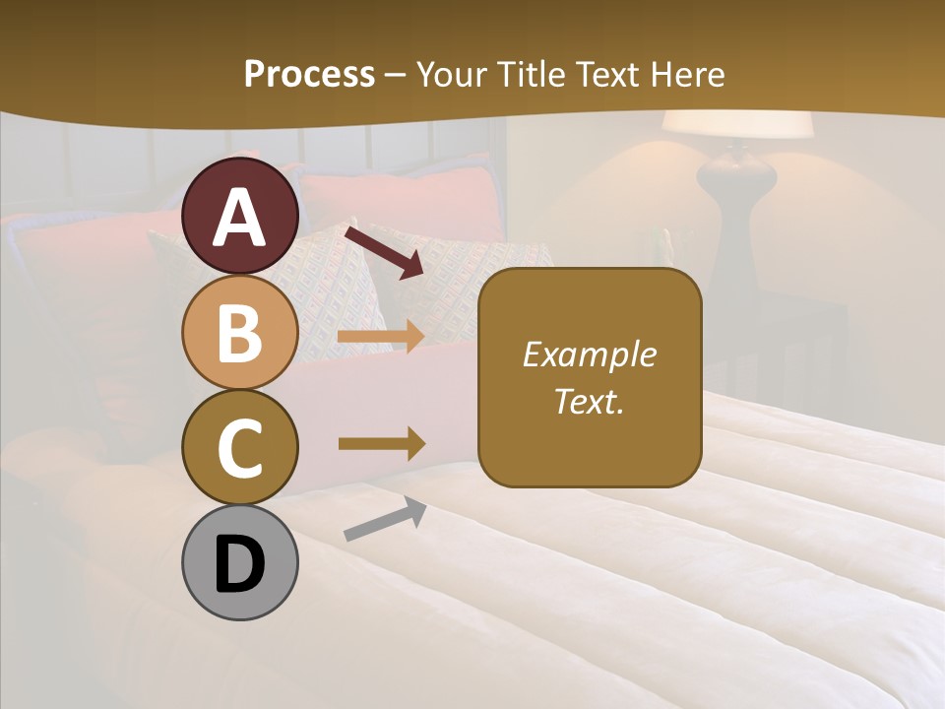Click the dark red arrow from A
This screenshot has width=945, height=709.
click(385, 250)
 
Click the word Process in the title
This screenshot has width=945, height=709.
click(309, 74)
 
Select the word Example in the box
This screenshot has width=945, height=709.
click(590, 354)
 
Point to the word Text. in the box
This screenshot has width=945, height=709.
click(590, 401)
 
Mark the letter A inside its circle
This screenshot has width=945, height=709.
click(240, 219)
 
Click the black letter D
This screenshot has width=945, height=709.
click(240, 565)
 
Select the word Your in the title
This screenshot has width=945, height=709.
click(454, 74)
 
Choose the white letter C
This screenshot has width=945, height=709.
click(240, 448)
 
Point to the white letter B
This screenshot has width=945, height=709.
click(240, 333)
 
